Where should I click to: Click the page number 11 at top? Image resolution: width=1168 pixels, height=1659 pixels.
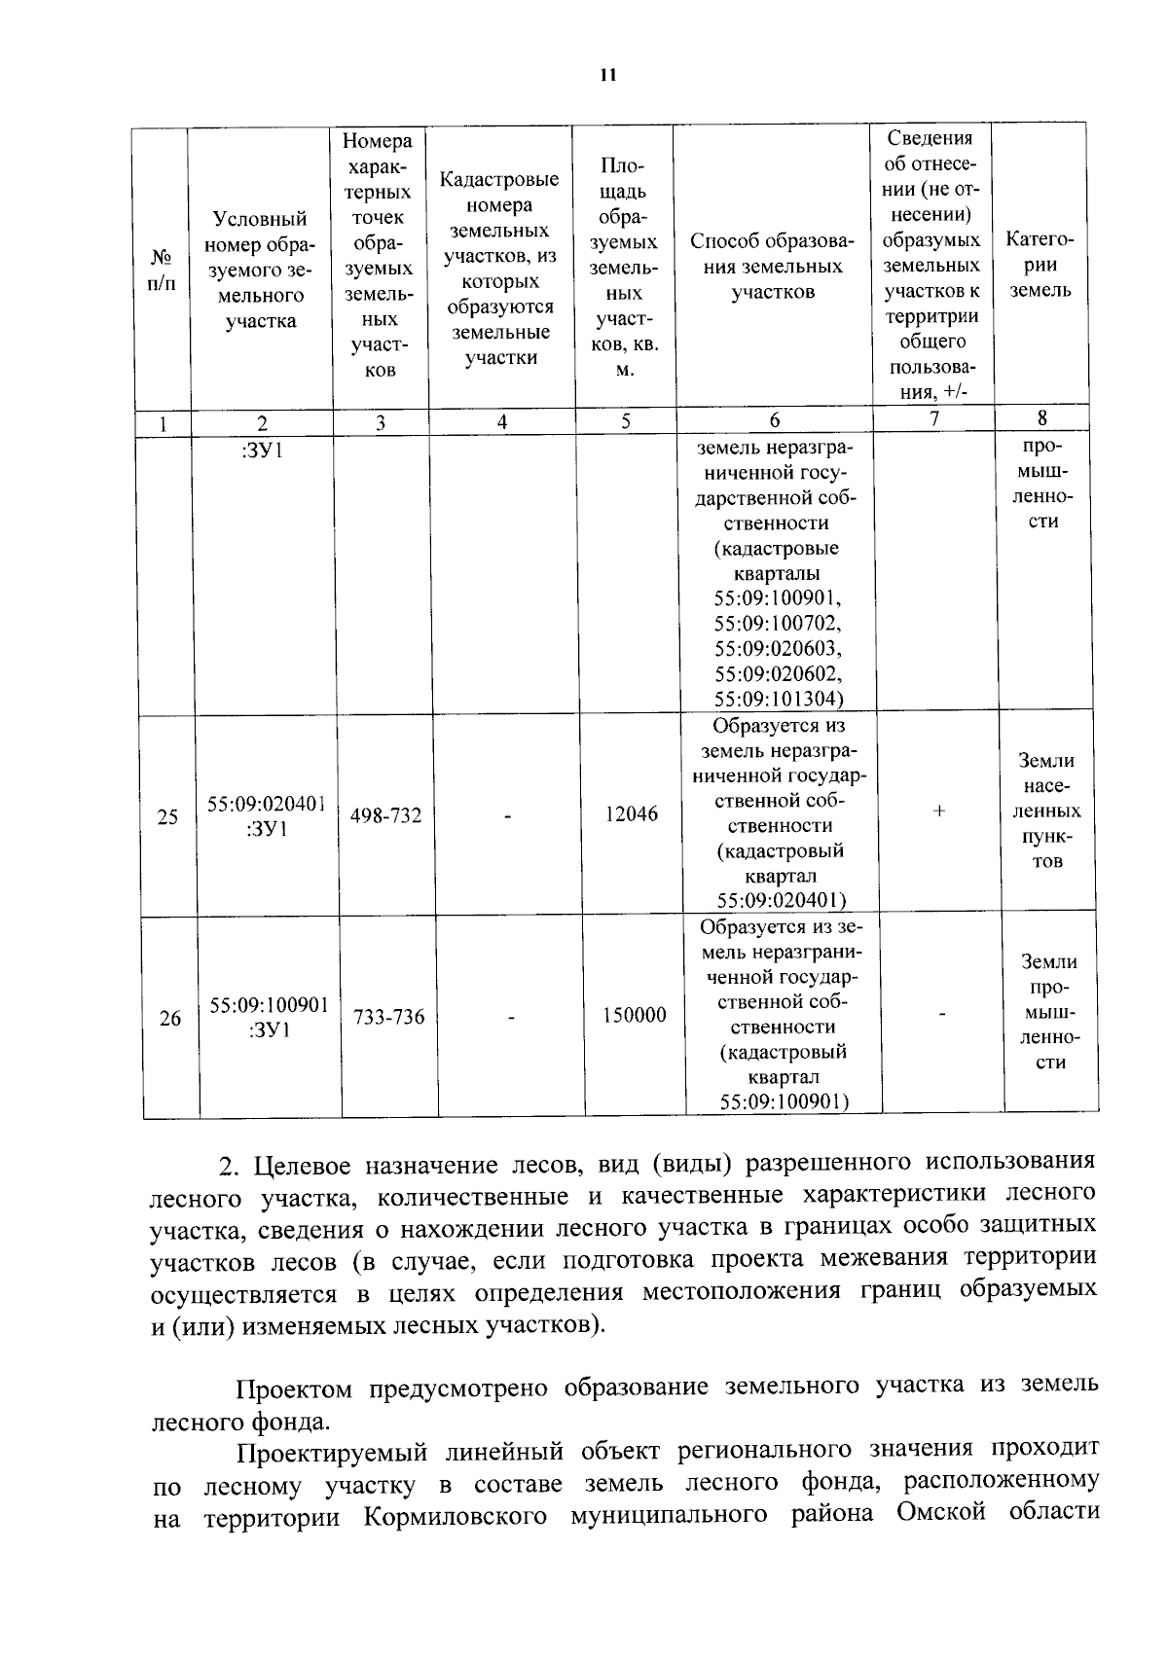click(x=608, y=75)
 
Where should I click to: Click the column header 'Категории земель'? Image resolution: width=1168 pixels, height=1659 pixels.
click(x=1040, y=265)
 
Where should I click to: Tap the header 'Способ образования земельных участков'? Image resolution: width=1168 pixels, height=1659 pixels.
click(x=773, y=266)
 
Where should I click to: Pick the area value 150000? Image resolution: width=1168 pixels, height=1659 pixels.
click(x=634, y=1016)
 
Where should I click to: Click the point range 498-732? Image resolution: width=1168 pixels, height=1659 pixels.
click(x=386, y=815)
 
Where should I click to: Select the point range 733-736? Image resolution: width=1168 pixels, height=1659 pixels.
click(x=389, y=1017)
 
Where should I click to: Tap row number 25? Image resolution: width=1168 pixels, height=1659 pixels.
click(x=167, y=816)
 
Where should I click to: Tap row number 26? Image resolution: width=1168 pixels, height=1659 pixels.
click(x=170, y=1019)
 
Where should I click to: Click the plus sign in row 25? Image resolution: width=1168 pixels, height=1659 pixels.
click(x=938, y=811)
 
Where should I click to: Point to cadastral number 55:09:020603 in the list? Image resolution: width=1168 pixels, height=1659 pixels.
click(x=778, y=648)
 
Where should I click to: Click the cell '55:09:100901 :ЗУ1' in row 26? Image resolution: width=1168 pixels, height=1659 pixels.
click(x=269, y=1017)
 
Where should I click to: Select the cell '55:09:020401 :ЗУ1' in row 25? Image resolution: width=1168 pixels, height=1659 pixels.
click(x=267, y=815)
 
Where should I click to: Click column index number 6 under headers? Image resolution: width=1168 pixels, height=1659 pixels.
click(x=774, y=420)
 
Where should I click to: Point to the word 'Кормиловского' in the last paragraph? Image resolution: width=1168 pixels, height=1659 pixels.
click(x=455, y=1517)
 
